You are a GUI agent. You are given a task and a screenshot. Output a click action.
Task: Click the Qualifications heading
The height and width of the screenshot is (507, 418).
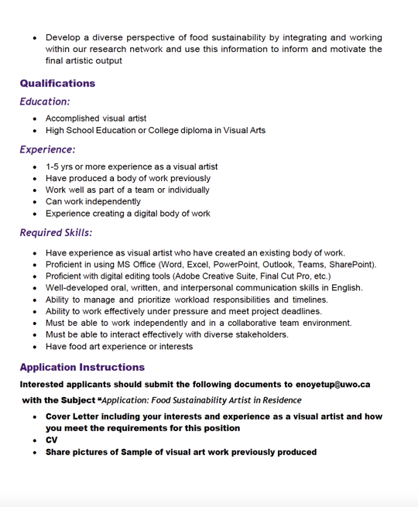point(57,84)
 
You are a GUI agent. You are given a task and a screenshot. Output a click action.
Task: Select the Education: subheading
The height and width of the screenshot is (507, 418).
point(45,101)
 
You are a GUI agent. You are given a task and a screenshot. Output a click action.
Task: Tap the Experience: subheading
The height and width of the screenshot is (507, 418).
point(47,149)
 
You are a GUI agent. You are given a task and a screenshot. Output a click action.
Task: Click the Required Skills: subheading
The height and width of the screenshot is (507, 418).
point(56,232)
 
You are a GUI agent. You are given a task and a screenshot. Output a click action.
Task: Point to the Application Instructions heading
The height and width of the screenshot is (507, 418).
point(82,368)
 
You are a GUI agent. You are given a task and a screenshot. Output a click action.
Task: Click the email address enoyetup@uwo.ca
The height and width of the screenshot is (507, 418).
point(333,384)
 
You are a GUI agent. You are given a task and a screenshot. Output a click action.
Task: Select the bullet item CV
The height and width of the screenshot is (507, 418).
point(52,440)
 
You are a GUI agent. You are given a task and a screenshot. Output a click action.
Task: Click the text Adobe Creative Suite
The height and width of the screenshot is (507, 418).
point(213,276)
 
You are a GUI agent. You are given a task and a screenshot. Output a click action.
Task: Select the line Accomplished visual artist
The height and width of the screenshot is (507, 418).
point(96,118)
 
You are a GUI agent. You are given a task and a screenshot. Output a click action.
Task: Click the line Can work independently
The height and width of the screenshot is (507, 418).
point(93,201)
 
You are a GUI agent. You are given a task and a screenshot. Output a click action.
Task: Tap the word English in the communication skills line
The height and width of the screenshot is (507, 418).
point(345,288)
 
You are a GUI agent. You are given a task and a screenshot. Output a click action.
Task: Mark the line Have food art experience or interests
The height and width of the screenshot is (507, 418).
point(119,346)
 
